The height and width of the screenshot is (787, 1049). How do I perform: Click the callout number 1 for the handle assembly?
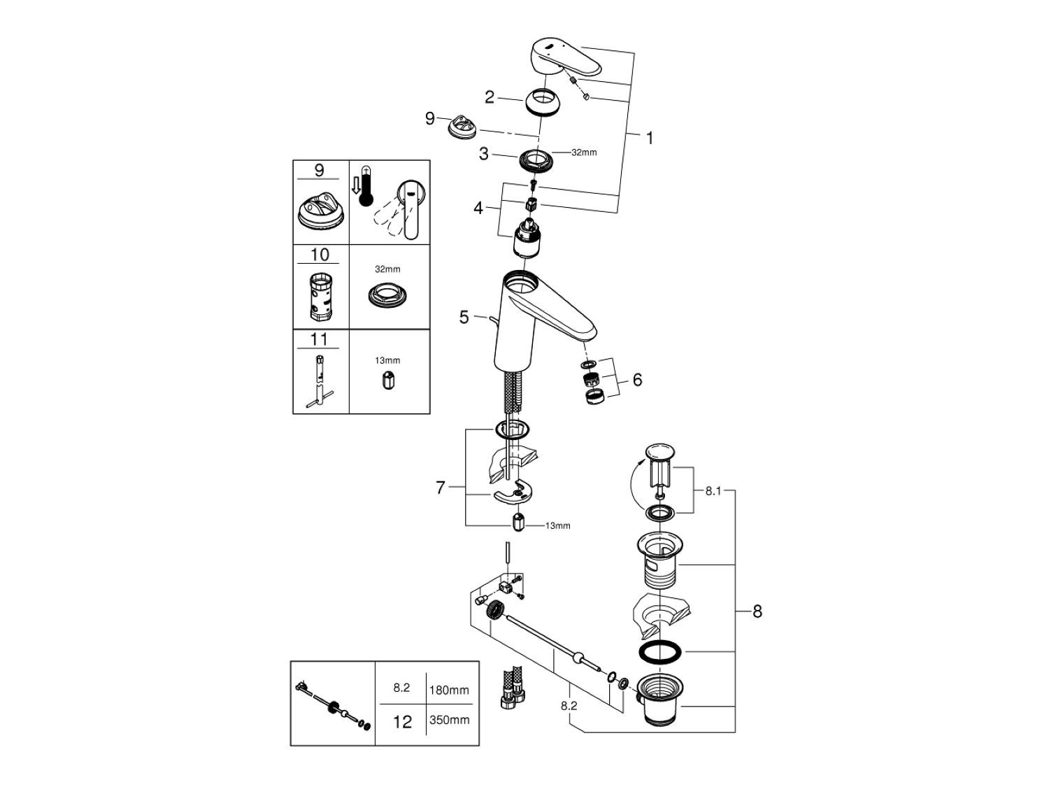point(649,139)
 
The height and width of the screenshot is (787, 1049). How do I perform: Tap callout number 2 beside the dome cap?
point(490,97)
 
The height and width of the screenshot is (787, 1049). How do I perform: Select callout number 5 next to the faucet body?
point(464,317)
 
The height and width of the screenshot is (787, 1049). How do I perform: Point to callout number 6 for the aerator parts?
point(636,380)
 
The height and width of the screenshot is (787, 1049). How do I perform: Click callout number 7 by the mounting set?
point(441,488)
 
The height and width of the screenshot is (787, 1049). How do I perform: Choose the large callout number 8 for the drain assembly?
point(757,611)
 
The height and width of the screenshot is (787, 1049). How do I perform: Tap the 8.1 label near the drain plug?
point(713,491)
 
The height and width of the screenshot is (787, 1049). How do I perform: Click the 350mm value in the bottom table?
point(449,720)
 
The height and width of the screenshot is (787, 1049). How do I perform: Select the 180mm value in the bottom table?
point(449,690)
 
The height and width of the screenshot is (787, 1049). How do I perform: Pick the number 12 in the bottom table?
point(402,721)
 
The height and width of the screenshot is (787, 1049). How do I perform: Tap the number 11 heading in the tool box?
point(320,339)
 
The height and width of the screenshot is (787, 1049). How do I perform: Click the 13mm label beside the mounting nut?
point(557,525)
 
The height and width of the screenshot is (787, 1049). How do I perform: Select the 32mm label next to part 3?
point(584,153)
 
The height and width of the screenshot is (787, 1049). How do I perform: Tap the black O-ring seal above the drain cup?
point(659,651)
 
